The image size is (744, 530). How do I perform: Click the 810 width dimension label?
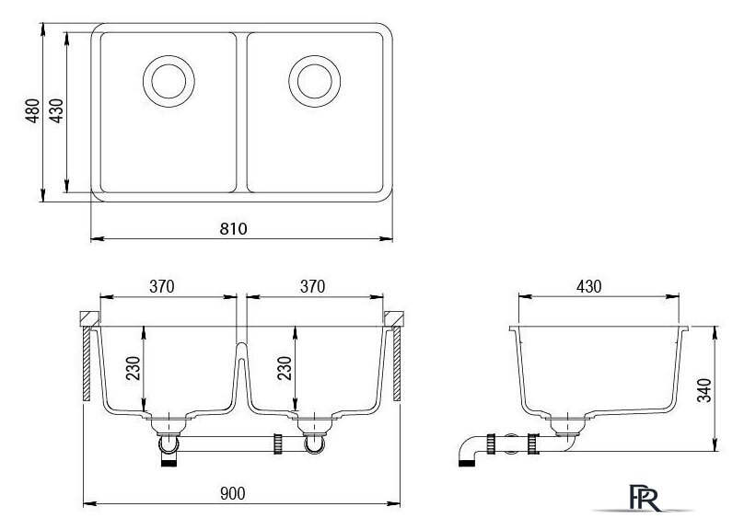click(233, 229)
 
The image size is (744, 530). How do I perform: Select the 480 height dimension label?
click(32, 111)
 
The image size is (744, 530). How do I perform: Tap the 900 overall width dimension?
click(232, 493)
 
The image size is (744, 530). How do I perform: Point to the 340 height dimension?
click(704, 390)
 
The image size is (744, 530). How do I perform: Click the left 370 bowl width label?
click(162, 286)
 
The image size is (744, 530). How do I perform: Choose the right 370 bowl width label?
click(312, 286)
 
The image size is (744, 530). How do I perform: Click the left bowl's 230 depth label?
click(134, 368)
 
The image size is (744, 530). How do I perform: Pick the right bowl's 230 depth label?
click(285, 368)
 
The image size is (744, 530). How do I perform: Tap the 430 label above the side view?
click(588, 286)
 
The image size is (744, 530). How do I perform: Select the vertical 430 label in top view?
click(56, 111)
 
